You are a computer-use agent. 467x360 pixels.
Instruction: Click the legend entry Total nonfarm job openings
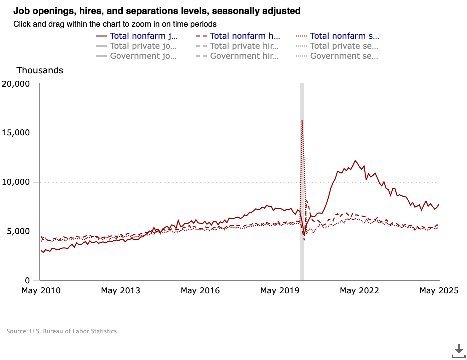click(143, 36)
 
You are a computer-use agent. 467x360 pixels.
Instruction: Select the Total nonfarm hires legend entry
click(245, 36)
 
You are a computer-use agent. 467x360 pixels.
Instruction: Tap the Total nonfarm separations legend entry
click(344, 36)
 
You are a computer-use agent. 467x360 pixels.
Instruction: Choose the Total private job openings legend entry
click(143, 46)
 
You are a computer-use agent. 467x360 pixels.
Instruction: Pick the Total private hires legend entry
click(244, 46)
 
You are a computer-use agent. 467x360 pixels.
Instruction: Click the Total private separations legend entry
click(344, 46)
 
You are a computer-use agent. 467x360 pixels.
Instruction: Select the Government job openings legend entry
click(143, 56)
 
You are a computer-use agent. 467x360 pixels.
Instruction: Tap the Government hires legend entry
click(244, 56)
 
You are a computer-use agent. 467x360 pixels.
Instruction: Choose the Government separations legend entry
click(344, 56)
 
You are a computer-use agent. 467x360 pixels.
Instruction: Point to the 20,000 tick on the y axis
click(16, 84)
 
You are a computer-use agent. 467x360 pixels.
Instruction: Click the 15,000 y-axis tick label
click(16, 133)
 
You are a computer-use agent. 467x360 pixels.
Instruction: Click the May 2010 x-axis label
click(41, 291)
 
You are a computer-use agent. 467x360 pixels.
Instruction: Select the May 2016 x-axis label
click(200, 291)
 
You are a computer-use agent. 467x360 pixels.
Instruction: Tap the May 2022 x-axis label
click(359, 291)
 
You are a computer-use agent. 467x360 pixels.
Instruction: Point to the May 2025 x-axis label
click(439, 291)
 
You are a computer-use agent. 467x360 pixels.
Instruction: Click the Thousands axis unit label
click(40, 70)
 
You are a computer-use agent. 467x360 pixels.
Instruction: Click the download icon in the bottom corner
click(459, 351)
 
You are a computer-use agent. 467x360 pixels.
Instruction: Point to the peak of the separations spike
click(302, 120)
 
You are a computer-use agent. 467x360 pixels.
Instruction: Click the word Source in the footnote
click(17, 331)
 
